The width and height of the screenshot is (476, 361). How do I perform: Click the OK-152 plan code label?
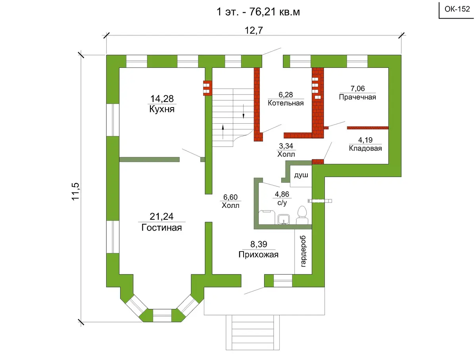tap(457, 9)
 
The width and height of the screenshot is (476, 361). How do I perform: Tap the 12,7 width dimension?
tap(254, 31)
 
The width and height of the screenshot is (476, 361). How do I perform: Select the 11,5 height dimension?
tap(76, 192)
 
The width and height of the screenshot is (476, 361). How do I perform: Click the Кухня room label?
tap(162, 109)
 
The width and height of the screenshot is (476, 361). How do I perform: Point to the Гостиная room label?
tap(161, 228)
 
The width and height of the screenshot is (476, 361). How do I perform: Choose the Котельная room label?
tap(286, 103)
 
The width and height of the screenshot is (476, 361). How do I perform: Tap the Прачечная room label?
tap(357, 97)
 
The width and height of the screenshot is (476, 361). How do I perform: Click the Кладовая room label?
tap(365, 148)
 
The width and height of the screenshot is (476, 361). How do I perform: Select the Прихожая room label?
tap(259, 255)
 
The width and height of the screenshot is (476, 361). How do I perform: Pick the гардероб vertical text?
tap(303, 251)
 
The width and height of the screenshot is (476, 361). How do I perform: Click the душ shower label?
tap(301, 175)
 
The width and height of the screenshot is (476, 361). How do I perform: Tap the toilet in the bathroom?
tap(302, 215)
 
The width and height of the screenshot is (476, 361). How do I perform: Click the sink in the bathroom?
tap(284, 219)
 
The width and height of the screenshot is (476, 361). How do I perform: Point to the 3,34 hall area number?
tap(286, 146)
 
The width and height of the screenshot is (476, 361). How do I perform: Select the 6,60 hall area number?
tap(230, 197)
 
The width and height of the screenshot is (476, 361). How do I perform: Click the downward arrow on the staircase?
tap(243, 111)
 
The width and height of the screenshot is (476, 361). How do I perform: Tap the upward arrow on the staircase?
tap(223, 132)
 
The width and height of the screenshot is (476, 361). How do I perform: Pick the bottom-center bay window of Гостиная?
tap(162, 315)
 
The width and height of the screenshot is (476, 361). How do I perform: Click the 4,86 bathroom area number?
tap(282, 194)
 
